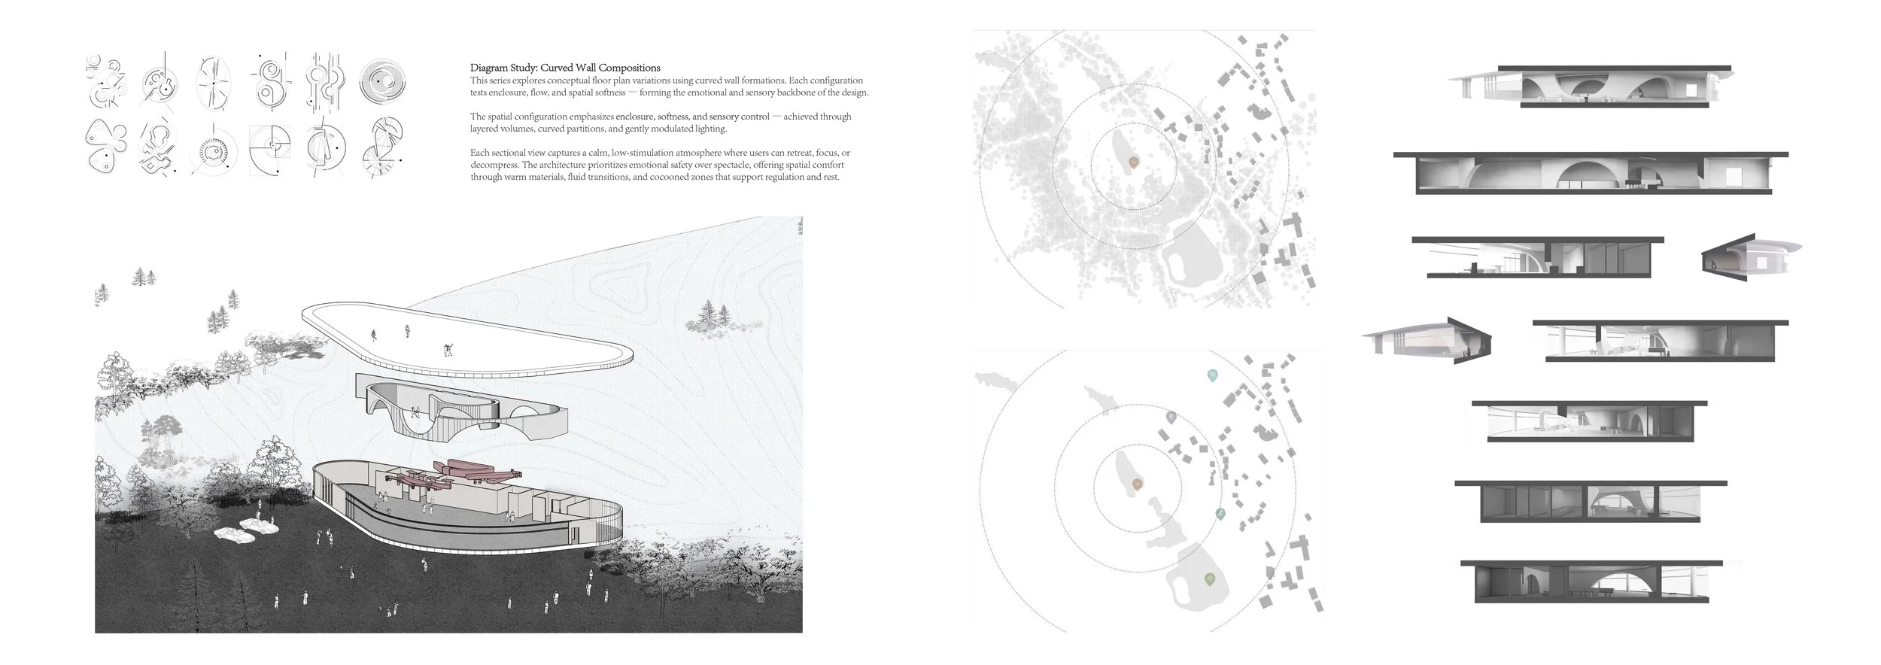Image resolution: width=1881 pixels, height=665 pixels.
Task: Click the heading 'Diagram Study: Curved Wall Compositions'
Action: click(x=565, y=68)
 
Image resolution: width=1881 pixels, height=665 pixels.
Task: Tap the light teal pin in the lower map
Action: click(x=1211, y=375)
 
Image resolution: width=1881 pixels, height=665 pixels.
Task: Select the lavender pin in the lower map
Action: click(x=1171, y=416)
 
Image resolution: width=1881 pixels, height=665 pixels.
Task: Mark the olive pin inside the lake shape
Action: click(x=1209, y=578)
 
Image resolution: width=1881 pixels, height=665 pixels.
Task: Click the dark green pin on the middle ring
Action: click(x=1220, y=514)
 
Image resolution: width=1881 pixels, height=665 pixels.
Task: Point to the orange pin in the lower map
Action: click(x=1137, y=484)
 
